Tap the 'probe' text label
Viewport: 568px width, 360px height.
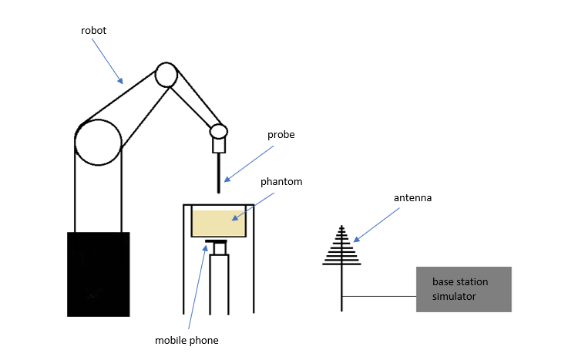pyautogui.click(x=281, y=135)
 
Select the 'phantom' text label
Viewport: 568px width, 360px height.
pyautogui.click(x=281, y=182)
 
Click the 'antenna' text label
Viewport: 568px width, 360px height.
pyautogui.click(x=413, y=198)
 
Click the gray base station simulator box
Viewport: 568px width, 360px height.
pyautogui.click(x=463, y=289)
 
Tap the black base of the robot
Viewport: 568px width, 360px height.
pyautogui.click(x=98, y=274)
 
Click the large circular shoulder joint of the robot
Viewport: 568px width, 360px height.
pyautogui.click(x=98, y=143)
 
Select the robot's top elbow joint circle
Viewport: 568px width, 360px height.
pyautogui.click(x=166, y=75)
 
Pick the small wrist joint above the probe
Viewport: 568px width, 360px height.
pyautogui.click(x=219, y=131)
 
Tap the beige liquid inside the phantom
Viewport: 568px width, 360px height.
pyautogui.click(x=218, y=223)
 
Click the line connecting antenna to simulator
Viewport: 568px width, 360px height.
pyautogui.click(x=378, y=297)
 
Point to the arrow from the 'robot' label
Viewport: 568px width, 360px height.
pyautogui.click(x=106, y=61)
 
